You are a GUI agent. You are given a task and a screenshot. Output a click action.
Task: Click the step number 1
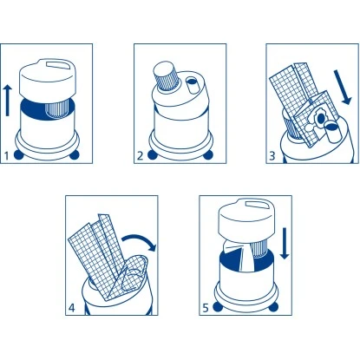7,156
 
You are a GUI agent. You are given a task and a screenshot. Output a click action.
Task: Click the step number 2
140,156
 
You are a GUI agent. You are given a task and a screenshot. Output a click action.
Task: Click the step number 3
272,156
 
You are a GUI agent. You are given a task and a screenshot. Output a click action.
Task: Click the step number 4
71,308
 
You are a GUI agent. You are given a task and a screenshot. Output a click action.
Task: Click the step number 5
206,308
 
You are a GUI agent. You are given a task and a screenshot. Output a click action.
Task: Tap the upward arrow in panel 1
8,100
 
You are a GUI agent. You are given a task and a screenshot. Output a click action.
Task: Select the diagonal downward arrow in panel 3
343,87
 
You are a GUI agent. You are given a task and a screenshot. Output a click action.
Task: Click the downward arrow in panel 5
285,243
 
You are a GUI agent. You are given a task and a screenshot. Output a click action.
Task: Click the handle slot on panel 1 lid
59,65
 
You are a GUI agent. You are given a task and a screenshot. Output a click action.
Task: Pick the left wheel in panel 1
18,154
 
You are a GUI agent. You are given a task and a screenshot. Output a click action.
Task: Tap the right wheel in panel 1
75,154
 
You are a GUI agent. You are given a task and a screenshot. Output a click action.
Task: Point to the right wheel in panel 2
208,154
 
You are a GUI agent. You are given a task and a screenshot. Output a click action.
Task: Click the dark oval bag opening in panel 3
320,118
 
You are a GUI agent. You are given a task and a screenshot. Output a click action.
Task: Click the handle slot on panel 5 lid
257,204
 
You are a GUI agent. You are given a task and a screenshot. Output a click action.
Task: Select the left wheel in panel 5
217,307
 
